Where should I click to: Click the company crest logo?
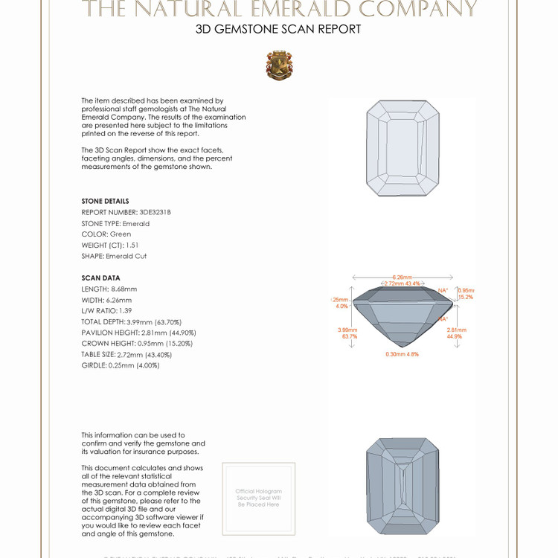pos(279,65)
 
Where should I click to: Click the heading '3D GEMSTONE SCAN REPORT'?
pos(278,30)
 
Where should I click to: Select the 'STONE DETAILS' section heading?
pos(105,201)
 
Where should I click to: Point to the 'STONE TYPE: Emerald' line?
pos(115,223)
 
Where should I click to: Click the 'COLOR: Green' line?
pos(106,234)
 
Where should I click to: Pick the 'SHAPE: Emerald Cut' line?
pos(114,256)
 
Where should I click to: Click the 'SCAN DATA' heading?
pos(100,278)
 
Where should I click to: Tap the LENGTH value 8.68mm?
pos(124,289)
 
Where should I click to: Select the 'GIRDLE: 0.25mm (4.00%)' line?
pos(121,365)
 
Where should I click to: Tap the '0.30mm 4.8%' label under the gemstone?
pos(403,354)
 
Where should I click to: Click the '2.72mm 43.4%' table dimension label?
pos(403,284)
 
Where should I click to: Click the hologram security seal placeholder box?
pos(258,498)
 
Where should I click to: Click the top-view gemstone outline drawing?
pos(403,148)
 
